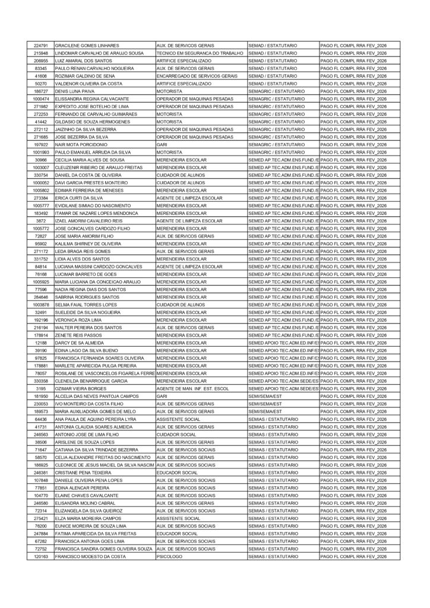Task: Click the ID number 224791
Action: tap(41, 46)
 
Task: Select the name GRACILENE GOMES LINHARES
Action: tap(87, 46)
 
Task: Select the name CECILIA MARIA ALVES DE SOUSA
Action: tap(90, 160)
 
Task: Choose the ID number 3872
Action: tap(41, 221)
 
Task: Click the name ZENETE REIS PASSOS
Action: tap(78, 335)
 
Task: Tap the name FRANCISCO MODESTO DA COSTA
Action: tap(90, 556)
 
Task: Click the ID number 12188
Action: tap(41, 343)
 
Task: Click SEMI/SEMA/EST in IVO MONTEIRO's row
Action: tap(265, 404)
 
